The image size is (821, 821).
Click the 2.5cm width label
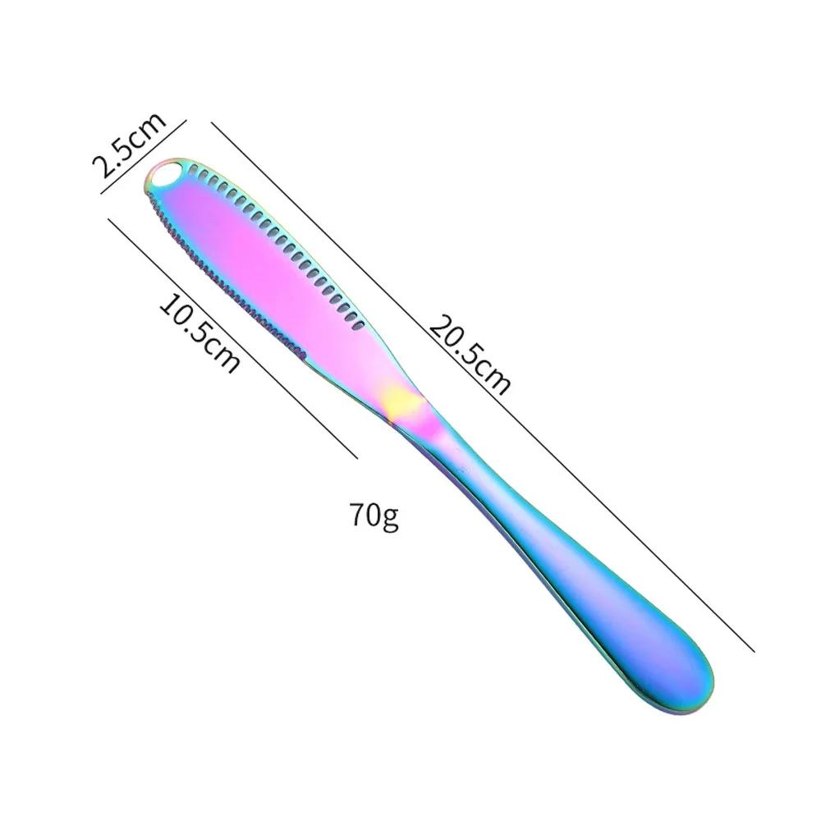point(129,145)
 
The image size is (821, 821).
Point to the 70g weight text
point(374,516)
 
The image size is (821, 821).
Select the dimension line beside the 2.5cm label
point(144,156)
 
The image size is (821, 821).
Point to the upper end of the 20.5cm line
point(213,124)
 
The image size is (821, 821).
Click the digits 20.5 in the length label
point(456,338)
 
